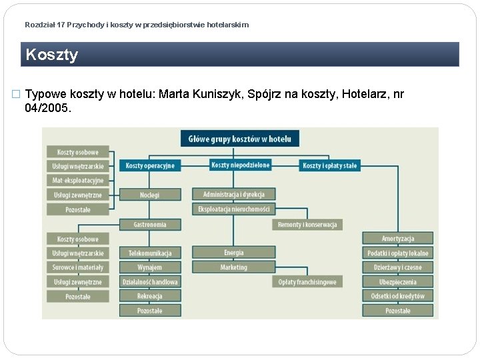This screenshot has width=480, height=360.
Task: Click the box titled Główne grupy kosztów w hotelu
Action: click(240, 139)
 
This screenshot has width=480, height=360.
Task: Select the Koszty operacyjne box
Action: click(150, 165)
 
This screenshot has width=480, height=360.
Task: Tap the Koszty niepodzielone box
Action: click(240, 165)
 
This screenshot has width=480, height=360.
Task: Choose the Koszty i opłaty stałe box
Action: click(329, 165)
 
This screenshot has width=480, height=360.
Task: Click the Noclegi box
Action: click(150, 195)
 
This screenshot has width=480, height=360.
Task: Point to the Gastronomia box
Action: click(150, 225)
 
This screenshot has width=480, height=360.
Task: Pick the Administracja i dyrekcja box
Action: click(234, 194)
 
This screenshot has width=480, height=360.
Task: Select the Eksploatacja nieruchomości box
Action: click(234, 209)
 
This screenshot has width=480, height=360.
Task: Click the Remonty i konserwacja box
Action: click(307, 225)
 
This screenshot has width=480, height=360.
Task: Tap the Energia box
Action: click(234, 253)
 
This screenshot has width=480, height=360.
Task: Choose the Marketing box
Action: click(234, 267)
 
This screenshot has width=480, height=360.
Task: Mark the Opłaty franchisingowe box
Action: click(307, 282)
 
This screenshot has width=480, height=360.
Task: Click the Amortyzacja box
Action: click(398, 238)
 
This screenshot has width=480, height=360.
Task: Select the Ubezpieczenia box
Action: click(398, 282)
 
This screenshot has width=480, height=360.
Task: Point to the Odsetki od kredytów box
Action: click(398, 296)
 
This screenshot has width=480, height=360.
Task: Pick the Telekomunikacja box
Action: click(150, 253)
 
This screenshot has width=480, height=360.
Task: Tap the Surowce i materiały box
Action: click(78, 267)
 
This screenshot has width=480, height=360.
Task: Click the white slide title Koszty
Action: click(52, 55)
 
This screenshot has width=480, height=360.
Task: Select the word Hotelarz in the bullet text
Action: click(365, 94)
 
